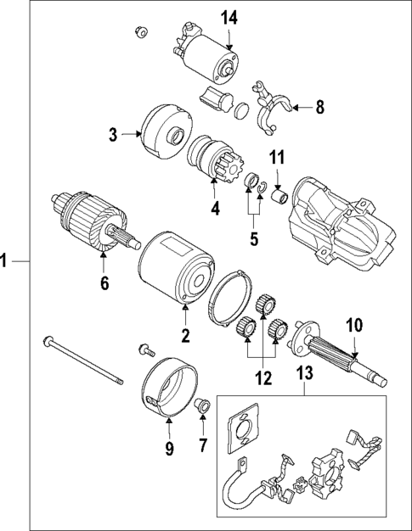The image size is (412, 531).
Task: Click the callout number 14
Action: coord(229,18)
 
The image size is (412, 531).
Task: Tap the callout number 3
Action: coord(113,133)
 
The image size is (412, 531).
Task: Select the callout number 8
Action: coord(319,107)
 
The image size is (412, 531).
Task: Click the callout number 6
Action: coord(104,284)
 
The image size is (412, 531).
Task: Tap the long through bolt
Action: coord(85,362)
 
